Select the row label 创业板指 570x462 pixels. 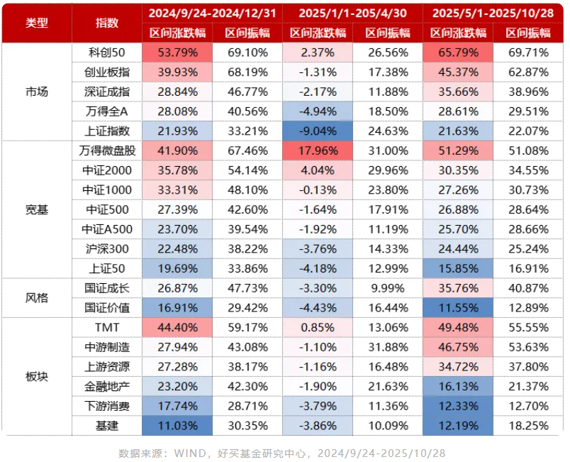pyautogui.click(x=107, y=72)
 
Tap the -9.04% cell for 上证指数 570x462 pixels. pyautogui.click(x=318, y=131)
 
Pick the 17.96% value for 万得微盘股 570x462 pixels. pyautogui.click(x=318, y=150)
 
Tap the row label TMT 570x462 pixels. pyautogui.click(x=107, y=327)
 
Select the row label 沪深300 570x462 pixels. pyautogui.click(x=107, y=248)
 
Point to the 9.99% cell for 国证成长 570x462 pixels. pyautogui.click(x=387, y=287)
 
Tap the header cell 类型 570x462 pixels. pyautogui.click(x=37, y=23)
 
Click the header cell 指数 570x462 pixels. pyautogui.click(x=107, y=23)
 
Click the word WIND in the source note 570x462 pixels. pyautogui.click(x=191, y=453)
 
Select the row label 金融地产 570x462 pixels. pyautogui.click(x=107, y=386)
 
